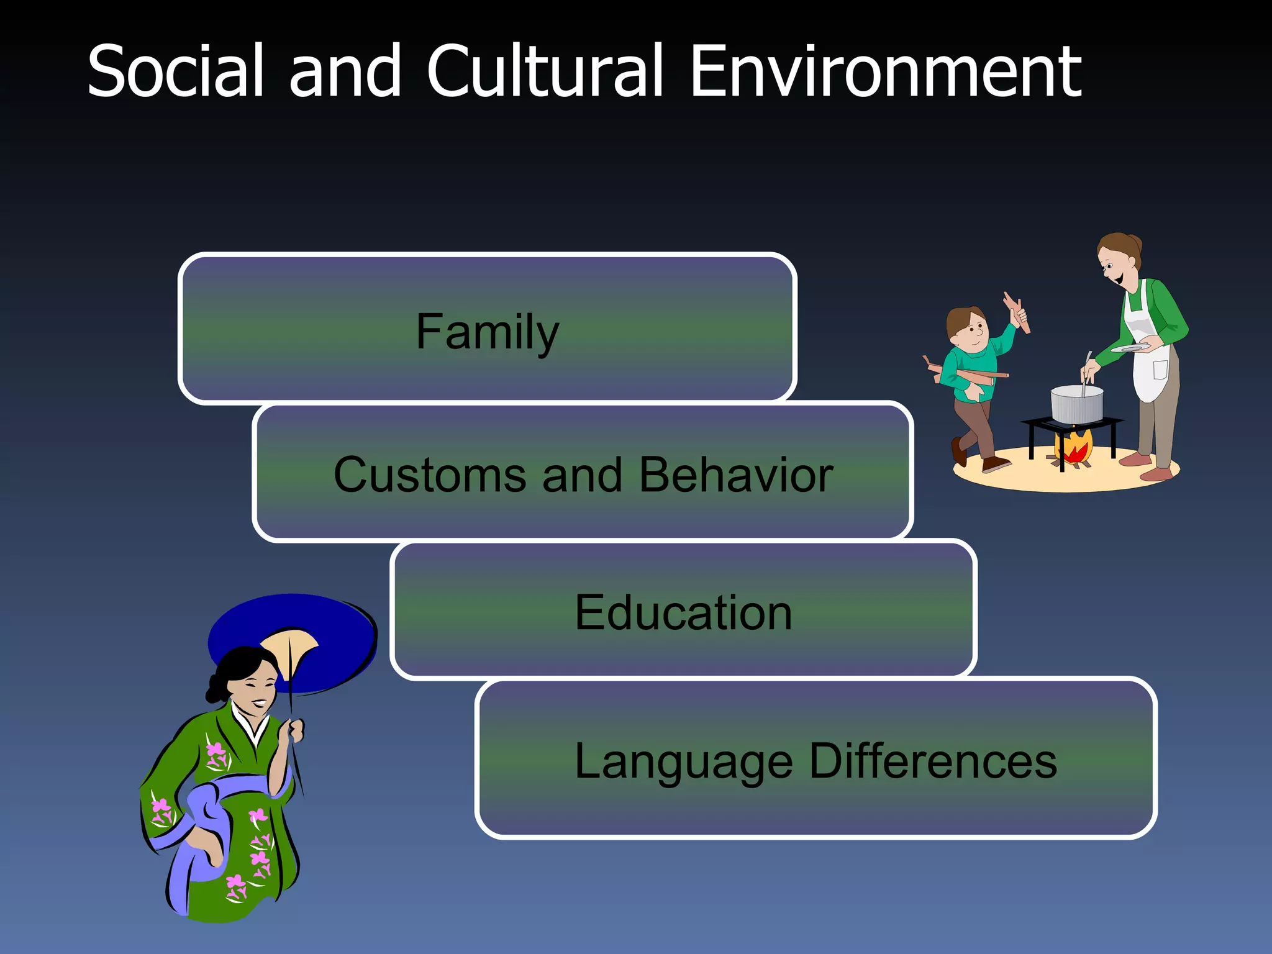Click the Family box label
point(487,332)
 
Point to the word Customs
point(429,475)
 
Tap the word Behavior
point(736,475)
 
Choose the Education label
point(683,612)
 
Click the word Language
point(683,761)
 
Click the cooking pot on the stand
point(1076,404)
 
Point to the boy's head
point(966,326)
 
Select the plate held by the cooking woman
point(1130,348)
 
